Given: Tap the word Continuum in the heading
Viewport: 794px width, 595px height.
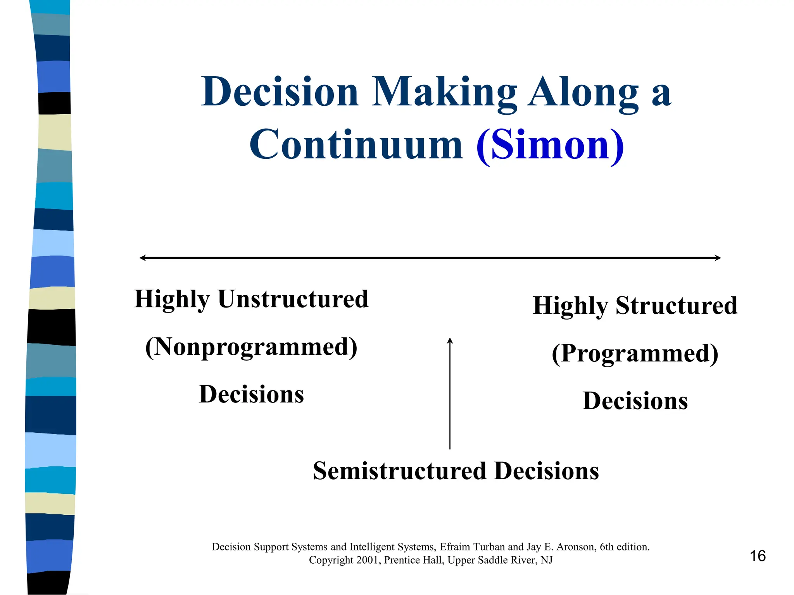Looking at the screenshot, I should (x=356, y=145).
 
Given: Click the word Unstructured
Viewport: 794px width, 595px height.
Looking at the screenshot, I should (x=293, y=299).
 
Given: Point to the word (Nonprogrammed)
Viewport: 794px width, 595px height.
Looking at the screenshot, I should (x=251, y=347).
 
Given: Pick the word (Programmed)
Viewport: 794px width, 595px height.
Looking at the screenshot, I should (x=635, y=353).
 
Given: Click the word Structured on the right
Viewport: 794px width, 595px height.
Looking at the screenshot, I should (x=677, y=306).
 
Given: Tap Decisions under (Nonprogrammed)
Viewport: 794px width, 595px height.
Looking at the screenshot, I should (x=251, y=394).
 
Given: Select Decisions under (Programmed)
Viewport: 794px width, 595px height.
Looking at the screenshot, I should (x=635, y=401).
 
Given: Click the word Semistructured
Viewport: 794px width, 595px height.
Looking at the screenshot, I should (x=399, y=471).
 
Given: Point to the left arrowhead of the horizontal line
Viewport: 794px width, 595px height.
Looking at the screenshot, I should (x=142, y=258).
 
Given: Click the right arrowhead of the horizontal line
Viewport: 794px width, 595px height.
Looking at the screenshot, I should (x=718, y=258).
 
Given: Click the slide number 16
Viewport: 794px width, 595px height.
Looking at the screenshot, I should (x=757, y=556).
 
